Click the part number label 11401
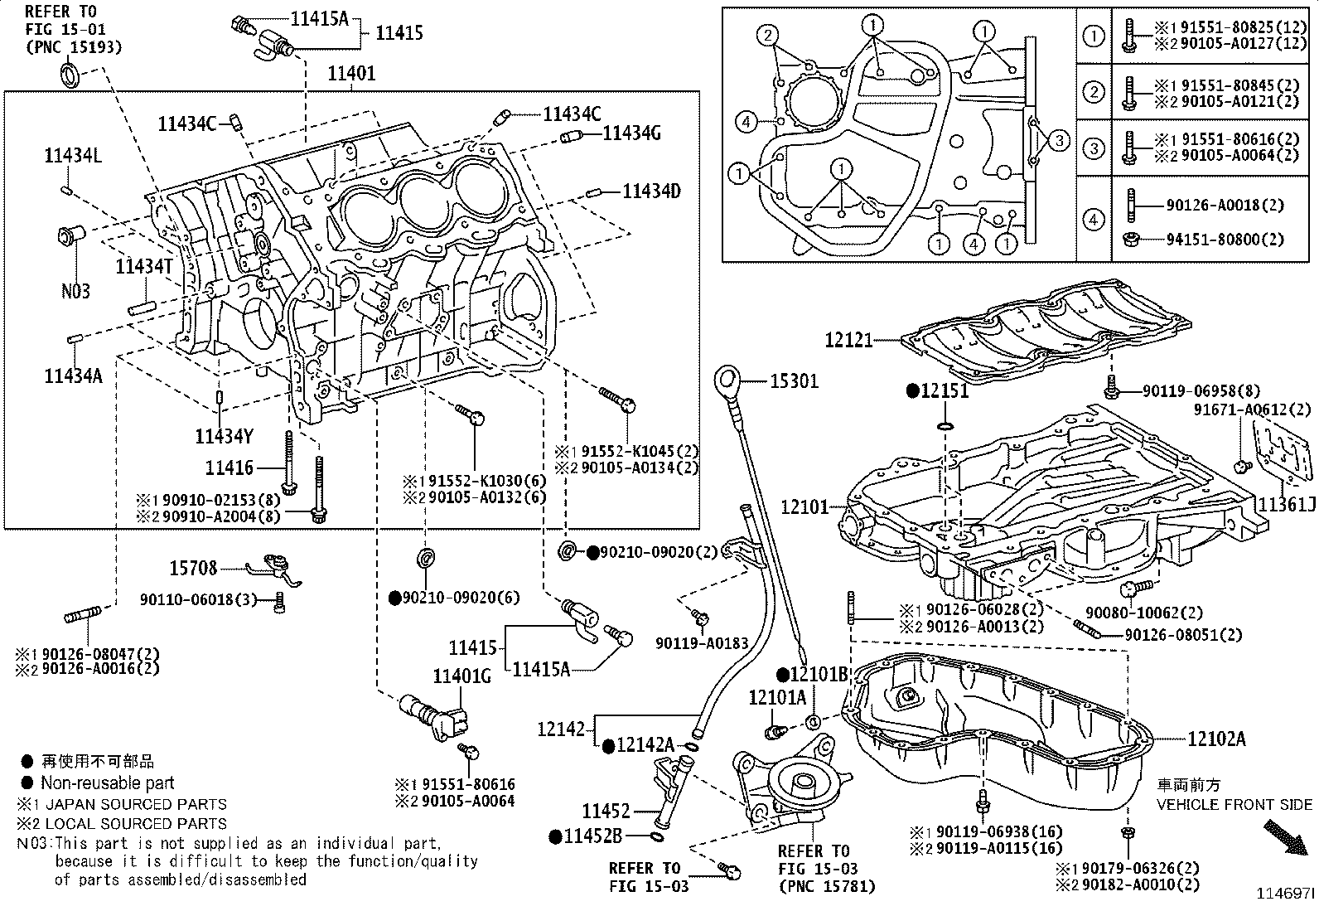[x=351, y=74]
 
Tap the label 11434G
[x=631, y=133]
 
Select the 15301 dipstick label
[x=795, y=381]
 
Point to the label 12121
[x=848, y=340]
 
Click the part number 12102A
[x=1216, y=739]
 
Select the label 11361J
[x=1287, y=505]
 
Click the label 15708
[x=193, y=568]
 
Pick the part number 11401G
[x=461, y=676]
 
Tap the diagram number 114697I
[x=1285, y=894]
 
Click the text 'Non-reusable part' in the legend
[x=107, y=783]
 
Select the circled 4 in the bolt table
[x=1094, y=220]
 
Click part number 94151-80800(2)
[x=1225, y=240]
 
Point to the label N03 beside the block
[x=76, y=291]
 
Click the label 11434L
[x=73, y=156]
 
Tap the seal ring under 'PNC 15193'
[x=70, y=75]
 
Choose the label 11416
[x=229, y=468]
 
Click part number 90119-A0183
[x=702, y=643]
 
